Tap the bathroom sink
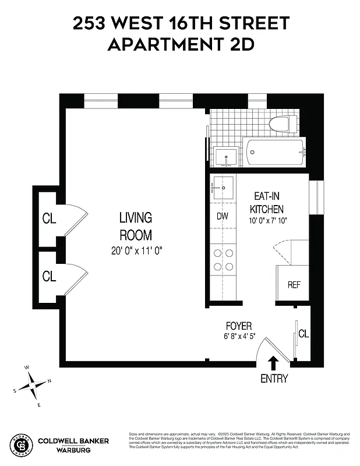pyautogui.click(x=225, y=157)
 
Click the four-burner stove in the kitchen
pyautogui.click(x=223, y=260)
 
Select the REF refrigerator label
pyautogui.click(x=294, y=285)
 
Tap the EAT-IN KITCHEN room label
pyautogui.click(x=267, y=203)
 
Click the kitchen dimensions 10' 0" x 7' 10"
pyautogui.click(x=269, y=221)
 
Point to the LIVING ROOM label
pyautogui.click(x=135, y=227)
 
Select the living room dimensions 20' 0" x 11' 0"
pyautogui.click(x=136, y=250)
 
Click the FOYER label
pyautogui.click(x=239, y=326)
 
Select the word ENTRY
pyautogui.click(x=274, y=379)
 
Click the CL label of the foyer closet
pyautogui.click(x=303, y=334)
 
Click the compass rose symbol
pyautogui.click(x=34, y=386)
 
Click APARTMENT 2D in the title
pyautogui.click(x=181, y=44)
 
